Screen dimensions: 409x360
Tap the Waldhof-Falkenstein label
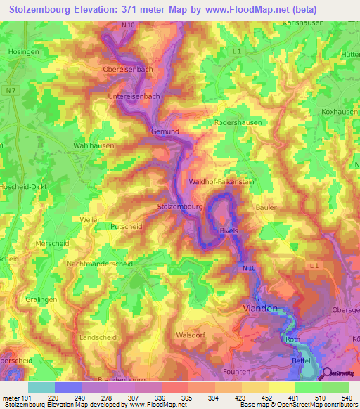[x=220, y=182]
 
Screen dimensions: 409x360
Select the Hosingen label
[x=24, y=51]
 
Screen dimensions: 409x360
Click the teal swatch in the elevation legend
[x=41, y=387]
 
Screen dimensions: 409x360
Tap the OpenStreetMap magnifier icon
[x=328, y=375]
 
